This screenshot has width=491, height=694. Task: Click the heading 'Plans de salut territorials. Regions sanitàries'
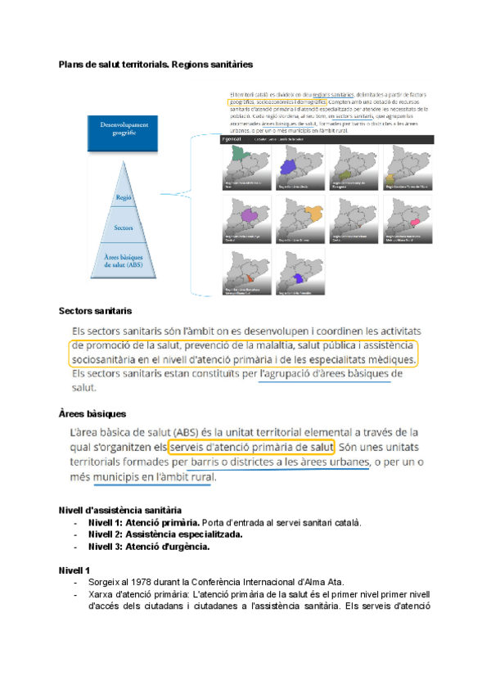point(155,63)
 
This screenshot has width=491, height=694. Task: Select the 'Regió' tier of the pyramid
point(124,197)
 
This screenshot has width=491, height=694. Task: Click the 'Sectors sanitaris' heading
point(95,312)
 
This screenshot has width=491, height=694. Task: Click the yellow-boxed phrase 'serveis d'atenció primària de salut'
point(252,448)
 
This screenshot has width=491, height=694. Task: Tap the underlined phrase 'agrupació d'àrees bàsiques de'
point(330,375)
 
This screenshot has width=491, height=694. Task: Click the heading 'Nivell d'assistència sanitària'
point(120,510)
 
